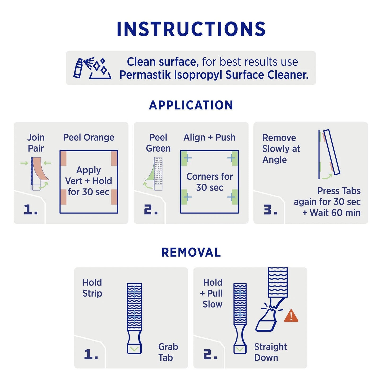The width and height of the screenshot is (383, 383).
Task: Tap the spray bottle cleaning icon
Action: coord(92,68)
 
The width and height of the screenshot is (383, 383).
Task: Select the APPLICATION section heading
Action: coord(191,105)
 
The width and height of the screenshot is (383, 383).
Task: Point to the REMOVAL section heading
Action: coord(191,252)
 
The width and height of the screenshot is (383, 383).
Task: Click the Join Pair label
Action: coord(36,143)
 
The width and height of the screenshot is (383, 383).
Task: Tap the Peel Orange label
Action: coord(89,138)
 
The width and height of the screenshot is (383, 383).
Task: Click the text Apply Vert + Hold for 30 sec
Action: coord(89,181)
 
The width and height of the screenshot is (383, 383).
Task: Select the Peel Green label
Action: coord(158,143)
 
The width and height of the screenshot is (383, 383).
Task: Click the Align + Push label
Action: coord(209,138)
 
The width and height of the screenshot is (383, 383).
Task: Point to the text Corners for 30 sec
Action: coord(209,182)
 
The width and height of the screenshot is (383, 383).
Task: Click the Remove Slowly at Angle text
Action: coord(281,149)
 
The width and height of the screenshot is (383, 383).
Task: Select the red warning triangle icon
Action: coord(291,316)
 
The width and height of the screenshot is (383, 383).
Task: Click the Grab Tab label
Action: coord(168,352)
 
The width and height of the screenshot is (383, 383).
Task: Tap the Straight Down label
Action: coord(270,352)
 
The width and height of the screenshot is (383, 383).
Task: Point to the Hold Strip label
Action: coord(92,288)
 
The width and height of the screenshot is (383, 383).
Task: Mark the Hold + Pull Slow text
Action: coord(212,293)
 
